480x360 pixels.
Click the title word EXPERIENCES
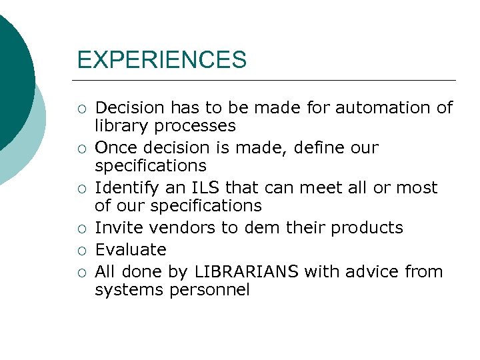coord(161,60)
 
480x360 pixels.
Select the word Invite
coord(119,227)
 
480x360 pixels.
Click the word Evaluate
coord(131,249)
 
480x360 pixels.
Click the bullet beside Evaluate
coord(81,250)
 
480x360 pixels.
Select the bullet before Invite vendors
coord(81,228)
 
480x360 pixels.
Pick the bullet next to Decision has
coord(81,108)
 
